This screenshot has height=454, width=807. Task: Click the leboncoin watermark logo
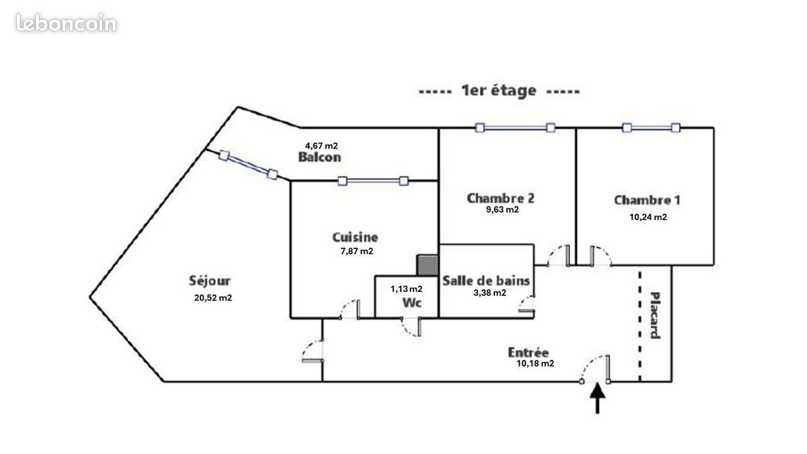point(67,23)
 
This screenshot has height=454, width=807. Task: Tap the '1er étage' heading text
point(499,91)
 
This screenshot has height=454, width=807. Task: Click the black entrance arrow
point(597,398)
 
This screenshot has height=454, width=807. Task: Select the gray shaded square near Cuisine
point(428,265)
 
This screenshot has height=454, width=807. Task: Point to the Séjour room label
point(210,280)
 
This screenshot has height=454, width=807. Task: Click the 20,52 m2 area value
point(213,298)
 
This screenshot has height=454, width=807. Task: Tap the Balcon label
point(319,157)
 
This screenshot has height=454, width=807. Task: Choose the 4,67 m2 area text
point(321,146)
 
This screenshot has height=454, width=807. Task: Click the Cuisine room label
point(355,237)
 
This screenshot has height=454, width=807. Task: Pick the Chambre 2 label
point(500,198)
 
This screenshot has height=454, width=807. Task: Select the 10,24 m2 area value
point(648,217)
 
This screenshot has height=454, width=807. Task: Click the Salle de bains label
point(486,280)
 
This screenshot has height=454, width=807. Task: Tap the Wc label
point(412,303)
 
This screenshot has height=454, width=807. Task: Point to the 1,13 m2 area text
point(406,289)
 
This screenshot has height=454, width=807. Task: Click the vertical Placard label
point(655,315)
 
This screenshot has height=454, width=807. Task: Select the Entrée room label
point(528,352)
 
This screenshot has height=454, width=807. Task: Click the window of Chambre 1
point(652,128)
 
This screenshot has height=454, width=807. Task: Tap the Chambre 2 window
point(515,128)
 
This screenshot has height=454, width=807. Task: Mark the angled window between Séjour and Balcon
point(248,165)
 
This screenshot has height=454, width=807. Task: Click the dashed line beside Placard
point(640,326)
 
